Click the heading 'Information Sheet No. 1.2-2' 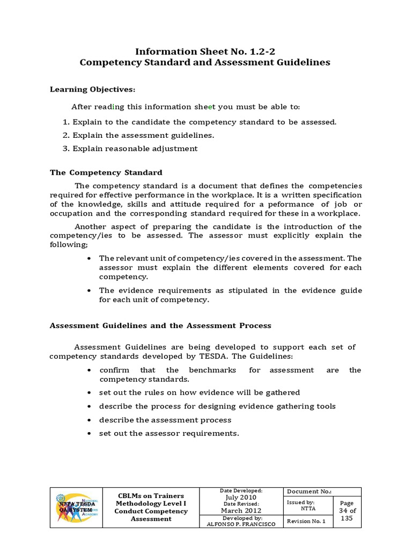point(205,51)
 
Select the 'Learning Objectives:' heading point(93,89)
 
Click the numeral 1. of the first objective point(66,122)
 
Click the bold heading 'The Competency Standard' point(106,173)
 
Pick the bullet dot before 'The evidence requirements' point(88,291)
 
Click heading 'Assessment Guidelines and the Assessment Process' point(160,325)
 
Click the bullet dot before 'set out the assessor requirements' point(88,434)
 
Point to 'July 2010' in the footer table point(241,498)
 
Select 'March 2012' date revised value point(241,510)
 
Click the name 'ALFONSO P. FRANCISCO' point(241,524)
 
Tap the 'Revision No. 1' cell point(306,521)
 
